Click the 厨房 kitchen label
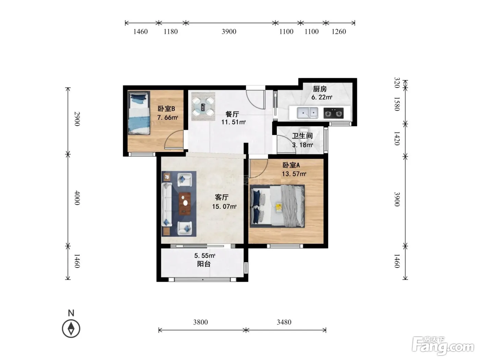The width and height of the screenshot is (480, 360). pyautogui.click(x=320, y=89)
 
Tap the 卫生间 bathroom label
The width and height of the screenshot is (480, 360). pyautogui.click(x=302, y=136)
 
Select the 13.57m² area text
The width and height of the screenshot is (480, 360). pyautogui.click(x=294, y=174)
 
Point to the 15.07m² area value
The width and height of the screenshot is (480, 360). pyautogui.click(x=224, y=206)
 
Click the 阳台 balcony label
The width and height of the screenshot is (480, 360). pyautogui.click(x=204, y=264)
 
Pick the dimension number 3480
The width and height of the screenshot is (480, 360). pyautogui.click(x=284, y=322)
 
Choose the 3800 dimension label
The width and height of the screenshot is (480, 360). pyautogui.click(x=200, y=322)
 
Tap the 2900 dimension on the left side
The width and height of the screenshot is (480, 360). pyautogui.click(x=77, y=119)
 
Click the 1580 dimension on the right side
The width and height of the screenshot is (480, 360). pyautogui.click(x=397, y=104)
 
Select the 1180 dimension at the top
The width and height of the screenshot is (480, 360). pyautogui.click(x=170, y=32)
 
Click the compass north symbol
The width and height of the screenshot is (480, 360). pyautogui.click(x=71, y=328)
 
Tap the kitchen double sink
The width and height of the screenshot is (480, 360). pyautogui.click(x=307, y=113)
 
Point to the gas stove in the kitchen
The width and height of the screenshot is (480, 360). pyautogui.click(x=333, y=113)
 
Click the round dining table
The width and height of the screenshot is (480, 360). pyautogui.click(x=203, y=107)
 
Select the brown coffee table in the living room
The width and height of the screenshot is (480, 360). pyautogui.click(x=185, y=203)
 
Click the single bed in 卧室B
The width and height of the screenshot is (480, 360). pyautogui.click(x=139, y=113)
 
